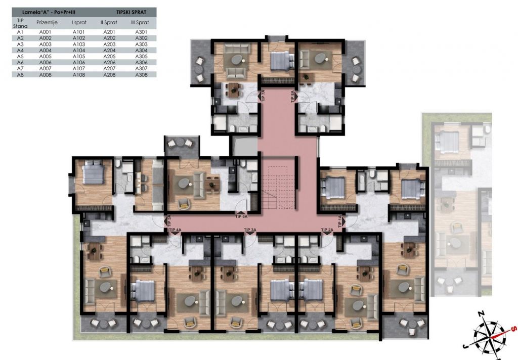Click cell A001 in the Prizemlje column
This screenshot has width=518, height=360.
click(45, 32)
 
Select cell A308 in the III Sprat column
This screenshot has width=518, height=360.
click(142, 75)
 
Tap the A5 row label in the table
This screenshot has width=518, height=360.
click(20, 57)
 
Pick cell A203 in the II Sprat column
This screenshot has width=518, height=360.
click(109, 44)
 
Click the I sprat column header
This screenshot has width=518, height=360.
click(79, 22)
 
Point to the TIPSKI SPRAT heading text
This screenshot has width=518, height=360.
click(131, 12)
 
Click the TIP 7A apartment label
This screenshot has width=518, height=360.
click(263, 96)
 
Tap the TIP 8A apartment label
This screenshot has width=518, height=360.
click(292, 96)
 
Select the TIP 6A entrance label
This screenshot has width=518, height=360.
click(241, 217)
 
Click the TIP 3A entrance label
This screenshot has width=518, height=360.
click(250, 230)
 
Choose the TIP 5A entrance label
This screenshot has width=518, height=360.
click(169, 221)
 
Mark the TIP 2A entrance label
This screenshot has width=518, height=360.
click(327, 230)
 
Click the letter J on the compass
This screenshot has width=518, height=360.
click(465, 346)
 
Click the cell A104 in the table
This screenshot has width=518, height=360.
click(79, 51)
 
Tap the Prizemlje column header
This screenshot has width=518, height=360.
click(47, 22)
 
